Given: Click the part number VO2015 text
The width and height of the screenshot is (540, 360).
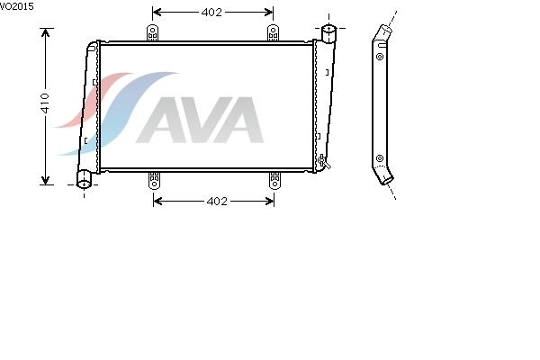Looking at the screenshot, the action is click(x=16, y=6).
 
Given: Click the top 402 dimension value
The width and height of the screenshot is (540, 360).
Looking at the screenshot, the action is click(x=211, y=13).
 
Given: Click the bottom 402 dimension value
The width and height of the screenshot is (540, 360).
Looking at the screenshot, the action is click(x=217, y=202).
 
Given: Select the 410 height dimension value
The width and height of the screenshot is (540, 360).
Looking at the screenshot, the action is click(x=45, y=103).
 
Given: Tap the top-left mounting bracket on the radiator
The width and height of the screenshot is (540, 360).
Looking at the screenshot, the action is click(x=152, y=32).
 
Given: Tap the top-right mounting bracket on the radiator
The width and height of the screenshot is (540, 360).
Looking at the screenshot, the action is click(x=273, y=32).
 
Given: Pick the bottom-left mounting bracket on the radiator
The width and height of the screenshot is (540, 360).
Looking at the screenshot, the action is click(x=154, y=180).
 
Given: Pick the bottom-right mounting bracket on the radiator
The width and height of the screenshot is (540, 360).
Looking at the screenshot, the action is click(x=274, y=180).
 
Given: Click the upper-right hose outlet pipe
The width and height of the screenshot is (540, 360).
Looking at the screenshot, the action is click(x=328, y=33).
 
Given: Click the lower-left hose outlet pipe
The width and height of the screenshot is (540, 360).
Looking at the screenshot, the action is click(x=84, y=179).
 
